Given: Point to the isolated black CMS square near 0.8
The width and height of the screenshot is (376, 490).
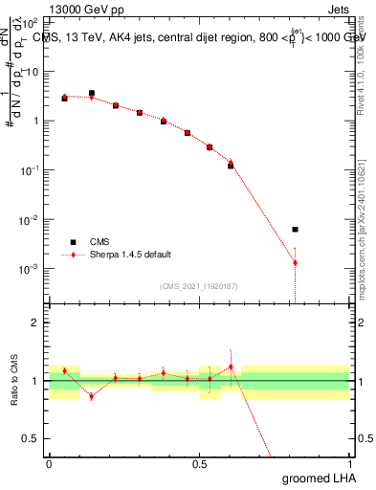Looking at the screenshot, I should point(295,230).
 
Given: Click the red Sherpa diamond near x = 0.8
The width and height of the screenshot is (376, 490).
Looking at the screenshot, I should point(295,262).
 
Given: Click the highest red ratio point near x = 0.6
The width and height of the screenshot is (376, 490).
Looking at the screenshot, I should point(231,367).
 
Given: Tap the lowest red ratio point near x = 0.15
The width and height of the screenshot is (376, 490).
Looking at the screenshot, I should point(92,395).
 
